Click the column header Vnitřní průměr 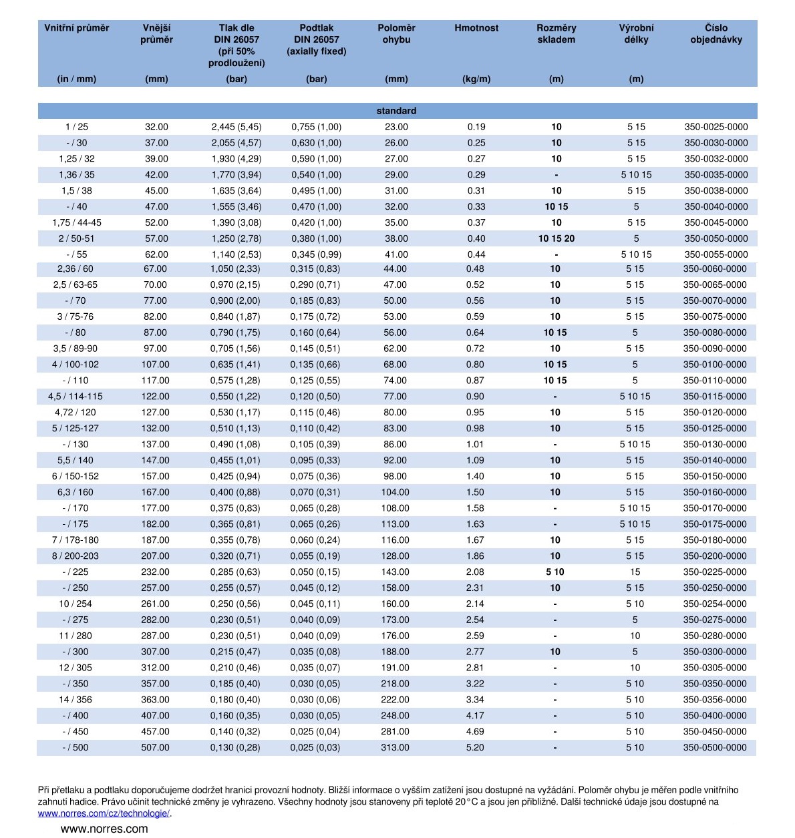(x=76, y=28)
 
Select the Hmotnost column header (x=476, y=28)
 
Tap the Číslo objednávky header (x=715, y=33)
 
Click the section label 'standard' (x=396, y=111)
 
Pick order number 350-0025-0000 (x=715, y=127)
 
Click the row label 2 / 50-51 (x=76, y=238)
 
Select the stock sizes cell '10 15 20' (x=556, y=238)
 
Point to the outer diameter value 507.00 (x=155, y=747)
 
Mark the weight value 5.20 (x=475, y=747)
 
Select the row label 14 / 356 (x=75, y=699)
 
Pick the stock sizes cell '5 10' (x=554, y=572)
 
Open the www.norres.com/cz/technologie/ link (x=104, y=813)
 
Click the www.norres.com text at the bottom (x=104, y=829)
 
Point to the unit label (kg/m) (x=476, y=79)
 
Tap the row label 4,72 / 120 (x=75, y=412)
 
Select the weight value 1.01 (x=475, y=444)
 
